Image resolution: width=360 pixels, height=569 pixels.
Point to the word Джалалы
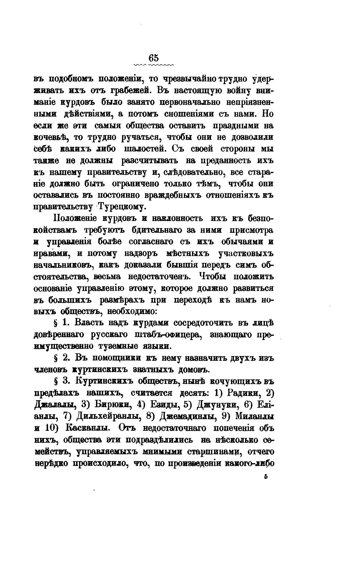(x=56, y=405)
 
